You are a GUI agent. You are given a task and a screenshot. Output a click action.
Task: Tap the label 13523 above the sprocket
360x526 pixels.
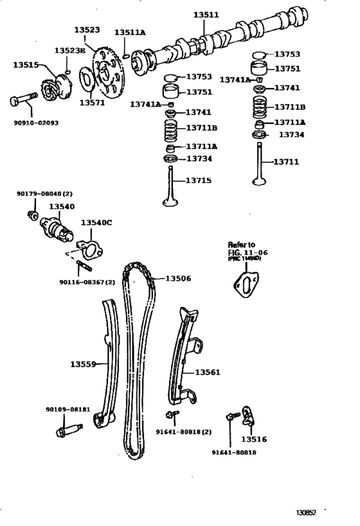click(x=87, y=30)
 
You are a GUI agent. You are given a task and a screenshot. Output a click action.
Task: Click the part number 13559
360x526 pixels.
click(x=83, y=364)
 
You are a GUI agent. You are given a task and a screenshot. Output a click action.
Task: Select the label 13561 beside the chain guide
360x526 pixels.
click(x=208, y=371)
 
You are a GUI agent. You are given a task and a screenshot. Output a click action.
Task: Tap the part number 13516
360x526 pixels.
click(x=254, y=439)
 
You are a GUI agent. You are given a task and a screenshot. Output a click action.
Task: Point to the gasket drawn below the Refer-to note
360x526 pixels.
click(x=246, y=285)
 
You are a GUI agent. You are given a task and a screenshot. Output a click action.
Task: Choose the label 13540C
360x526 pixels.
click(x=96, y=222)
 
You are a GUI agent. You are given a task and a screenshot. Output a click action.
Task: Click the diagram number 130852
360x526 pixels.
click(x=308, y=513)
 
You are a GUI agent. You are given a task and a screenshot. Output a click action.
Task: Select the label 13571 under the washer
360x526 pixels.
click(x=91, y=101)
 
